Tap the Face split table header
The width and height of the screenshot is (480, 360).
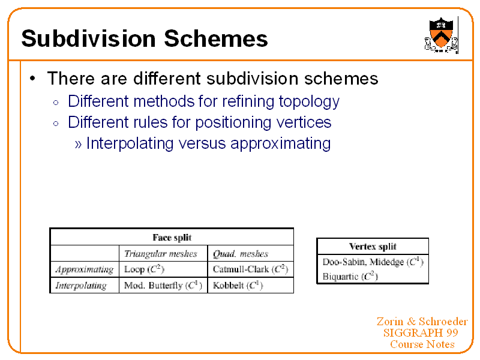172,238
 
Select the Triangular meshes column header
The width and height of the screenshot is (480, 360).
160,254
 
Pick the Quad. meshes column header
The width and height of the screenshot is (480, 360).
240,254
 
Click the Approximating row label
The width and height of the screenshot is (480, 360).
85,269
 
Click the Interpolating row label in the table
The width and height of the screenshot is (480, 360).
81,286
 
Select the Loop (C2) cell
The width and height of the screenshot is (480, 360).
144,269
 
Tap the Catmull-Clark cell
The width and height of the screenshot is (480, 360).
250,269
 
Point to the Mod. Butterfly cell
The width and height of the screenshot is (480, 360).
162,286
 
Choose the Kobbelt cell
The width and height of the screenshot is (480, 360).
238,286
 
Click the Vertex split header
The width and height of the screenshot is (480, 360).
373,247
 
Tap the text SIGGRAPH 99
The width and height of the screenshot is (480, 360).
421,333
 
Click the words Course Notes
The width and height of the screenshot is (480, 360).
422,344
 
